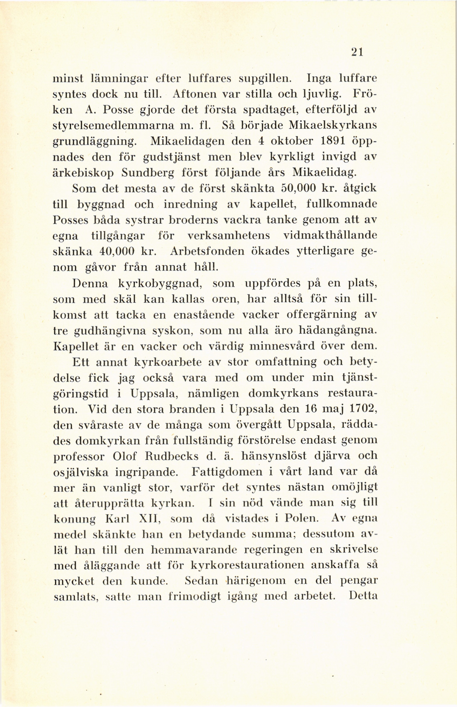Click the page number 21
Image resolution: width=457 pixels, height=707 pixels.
357,52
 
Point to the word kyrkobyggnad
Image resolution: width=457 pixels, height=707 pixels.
160,283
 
